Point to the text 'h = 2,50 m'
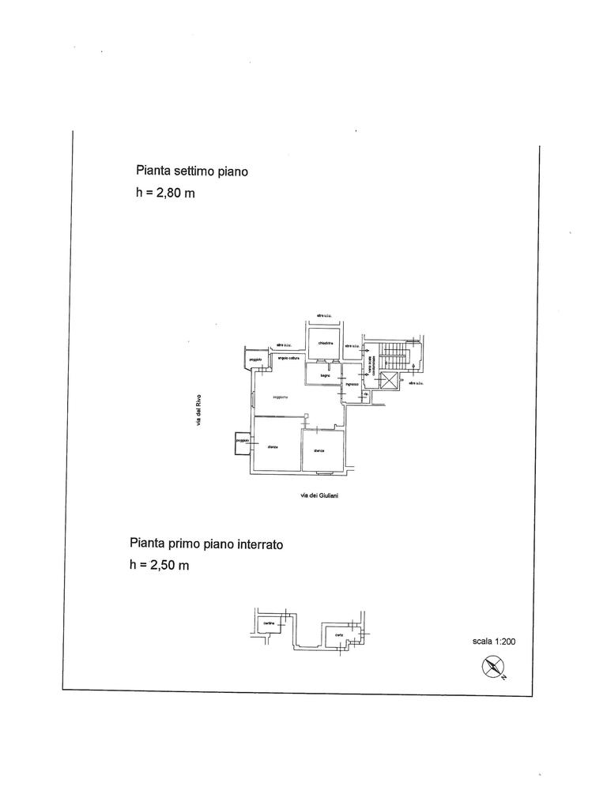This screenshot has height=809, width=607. [159, 565]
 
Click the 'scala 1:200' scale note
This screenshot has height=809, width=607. [494, 642]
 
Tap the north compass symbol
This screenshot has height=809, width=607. [493, 668]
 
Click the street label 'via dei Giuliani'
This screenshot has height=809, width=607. [320, 495]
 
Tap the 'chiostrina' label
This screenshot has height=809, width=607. [326, 344]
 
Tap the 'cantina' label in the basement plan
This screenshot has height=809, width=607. [269, 624]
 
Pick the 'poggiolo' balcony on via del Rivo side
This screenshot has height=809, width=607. [240, 443]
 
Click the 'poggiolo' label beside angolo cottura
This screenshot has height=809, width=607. [254, 360]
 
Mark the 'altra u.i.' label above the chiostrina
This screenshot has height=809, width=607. [322, 317]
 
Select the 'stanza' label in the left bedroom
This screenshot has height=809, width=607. [273, 448]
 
